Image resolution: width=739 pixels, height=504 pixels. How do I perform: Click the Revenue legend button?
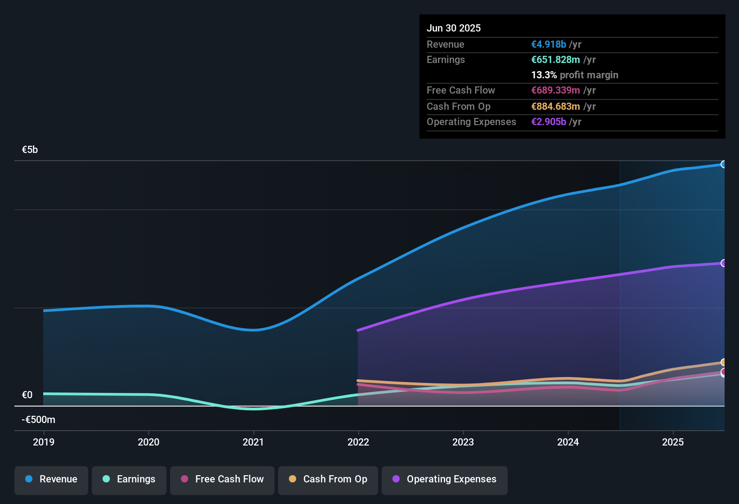51,479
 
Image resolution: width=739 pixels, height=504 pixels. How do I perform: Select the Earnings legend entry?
129,479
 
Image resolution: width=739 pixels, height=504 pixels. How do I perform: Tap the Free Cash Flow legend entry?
222,479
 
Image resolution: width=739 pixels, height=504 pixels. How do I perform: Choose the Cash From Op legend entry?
328,479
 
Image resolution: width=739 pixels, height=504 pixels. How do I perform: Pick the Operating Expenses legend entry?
445,479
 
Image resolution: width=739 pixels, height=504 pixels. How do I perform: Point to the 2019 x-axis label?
44,442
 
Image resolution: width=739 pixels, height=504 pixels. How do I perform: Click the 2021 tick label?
253,442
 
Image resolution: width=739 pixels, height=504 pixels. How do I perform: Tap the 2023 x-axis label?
463,442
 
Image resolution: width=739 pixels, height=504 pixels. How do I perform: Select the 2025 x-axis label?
673,442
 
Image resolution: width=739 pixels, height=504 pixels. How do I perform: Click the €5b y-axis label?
30,150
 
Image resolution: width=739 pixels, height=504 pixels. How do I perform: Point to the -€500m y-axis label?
39,420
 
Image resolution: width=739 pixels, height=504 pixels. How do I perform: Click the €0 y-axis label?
27,395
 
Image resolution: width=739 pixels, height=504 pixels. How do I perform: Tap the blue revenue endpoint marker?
723,164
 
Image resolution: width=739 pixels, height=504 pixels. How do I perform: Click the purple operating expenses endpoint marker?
723,263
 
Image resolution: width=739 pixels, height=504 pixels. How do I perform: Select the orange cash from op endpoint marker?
723,362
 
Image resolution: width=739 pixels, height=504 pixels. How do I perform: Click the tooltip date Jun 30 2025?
454,28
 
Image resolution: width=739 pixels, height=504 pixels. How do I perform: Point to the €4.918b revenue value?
549,44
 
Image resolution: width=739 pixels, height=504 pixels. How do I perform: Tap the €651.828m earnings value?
555,59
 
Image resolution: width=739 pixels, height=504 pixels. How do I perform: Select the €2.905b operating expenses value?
549,121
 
